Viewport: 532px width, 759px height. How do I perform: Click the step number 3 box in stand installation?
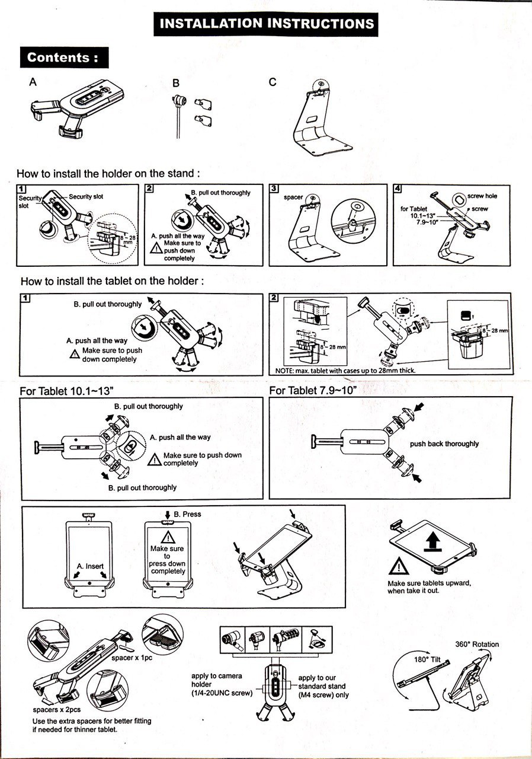274,189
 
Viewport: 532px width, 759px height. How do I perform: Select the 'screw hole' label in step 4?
482,196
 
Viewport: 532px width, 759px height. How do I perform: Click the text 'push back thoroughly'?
444,444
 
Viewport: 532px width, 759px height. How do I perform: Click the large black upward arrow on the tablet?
435,542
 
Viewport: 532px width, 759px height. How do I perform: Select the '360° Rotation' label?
477,644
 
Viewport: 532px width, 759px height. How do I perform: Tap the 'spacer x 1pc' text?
132,659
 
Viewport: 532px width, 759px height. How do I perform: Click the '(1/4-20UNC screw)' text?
222,693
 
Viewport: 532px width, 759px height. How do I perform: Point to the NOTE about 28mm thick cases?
345,371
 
